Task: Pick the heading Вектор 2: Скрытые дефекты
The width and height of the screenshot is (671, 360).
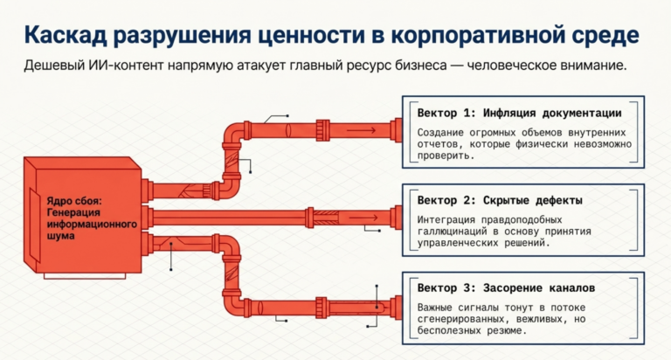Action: pos(500,200)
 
